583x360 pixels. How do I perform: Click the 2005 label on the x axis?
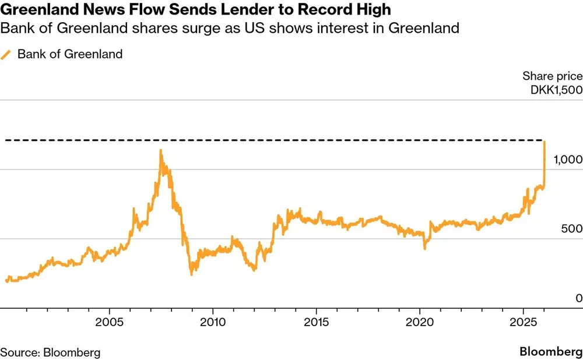click(110, 322)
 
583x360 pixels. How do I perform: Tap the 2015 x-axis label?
click(316, 322)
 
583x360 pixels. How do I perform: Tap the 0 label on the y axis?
click(578, 298)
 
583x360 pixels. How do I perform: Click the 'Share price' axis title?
click(552, 76)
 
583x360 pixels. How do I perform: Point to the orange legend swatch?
click(6, 55)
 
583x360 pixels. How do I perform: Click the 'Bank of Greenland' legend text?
click(70, 55)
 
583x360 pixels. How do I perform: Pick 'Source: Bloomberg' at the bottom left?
click(50, 352)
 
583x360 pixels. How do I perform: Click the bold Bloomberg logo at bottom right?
click(551, 352)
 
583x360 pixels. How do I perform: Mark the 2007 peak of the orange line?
click(161, 150)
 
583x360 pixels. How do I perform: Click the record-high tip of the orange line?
click(544, 141)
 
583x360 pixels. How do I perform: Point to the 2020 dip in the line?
click(424, 248)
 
